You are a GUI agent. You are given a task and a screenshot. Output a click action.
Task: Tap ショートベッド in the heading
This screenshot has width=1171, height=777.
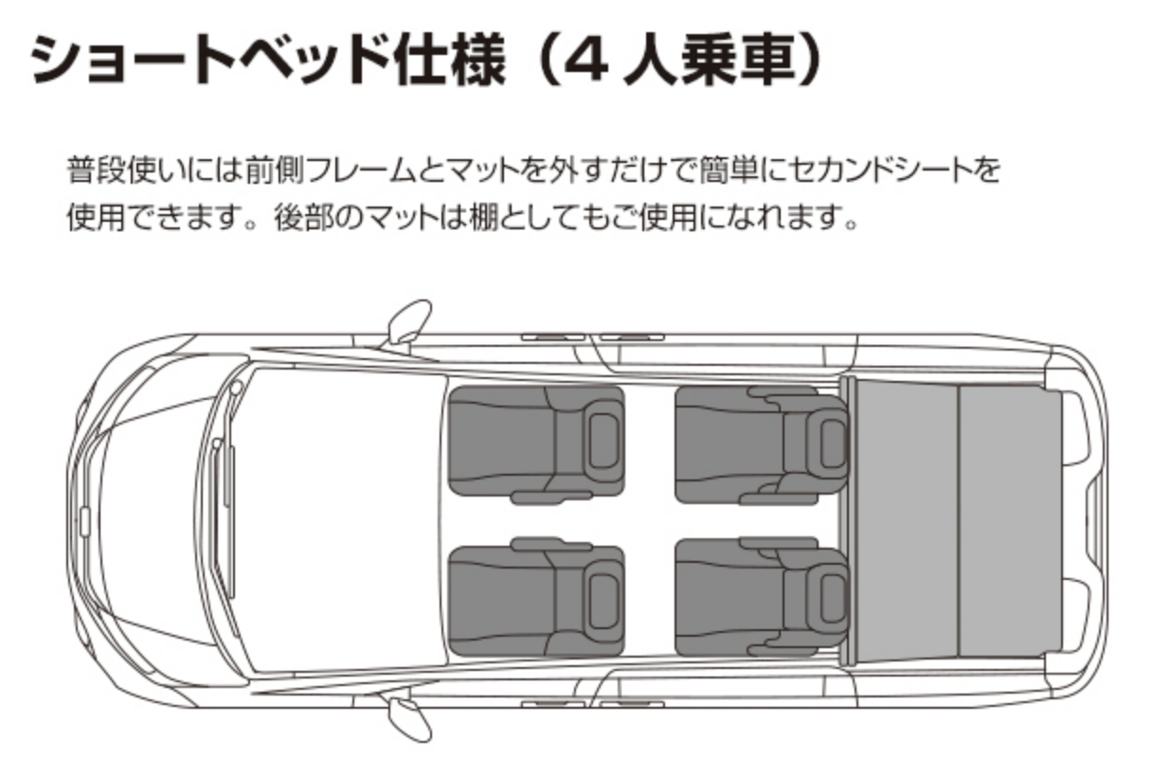(210, 59)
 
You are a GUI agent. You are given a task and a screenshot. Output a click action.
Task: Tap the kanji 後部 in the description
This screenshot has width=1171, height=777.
(304, 217)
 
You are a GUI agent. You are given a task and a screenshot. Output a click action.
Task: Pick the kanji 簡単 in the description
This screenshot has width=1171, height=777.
(729, 170)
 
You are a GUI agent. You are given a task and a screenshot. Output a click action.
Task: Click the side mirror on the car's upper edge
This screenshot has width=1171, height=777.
(408, 322)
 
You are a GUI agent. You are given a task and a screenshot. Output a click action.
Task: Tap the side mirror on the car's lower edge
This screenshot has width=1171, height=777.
(408, 719)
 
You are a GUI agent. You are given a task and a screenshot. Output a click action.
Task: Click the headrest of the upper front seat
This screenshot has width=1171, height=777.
(603, 441)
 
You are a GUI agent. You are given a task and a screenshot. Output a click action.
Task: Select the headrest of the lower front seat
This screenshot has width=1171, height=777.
(603, 601)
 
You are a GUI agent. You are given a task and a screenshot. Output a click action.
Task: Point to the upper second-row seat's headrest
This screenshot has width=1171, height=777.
(832, 443)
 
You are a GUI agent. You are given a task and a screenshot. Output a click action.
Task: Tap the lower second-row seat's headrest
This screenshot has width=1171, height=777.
(832, 599)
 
